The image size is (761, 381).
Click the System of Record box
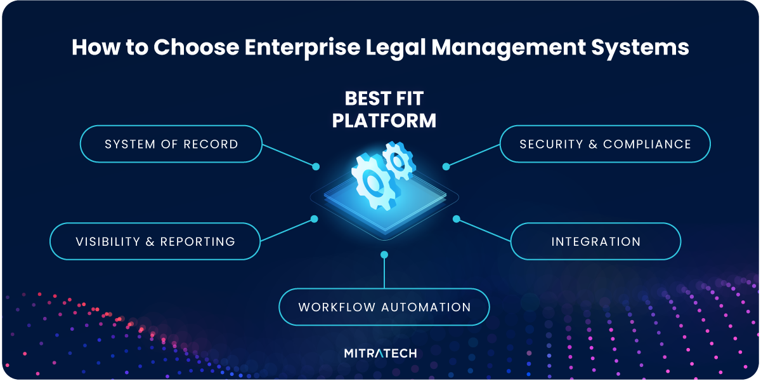[171, 144]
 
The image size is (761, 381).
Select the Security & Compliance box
[605, 144]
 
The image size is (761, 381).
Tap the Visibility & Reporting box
[155, 241]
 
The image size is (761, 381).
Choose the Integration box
[595, 241]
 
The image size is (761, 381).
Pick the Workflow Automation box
[384, 307]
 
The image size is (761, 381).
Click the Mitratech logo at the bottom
[380, 353]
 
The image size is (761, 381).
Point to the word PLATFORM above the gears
[384, 120]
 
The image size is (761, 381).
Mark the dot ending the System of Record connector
[316, 166]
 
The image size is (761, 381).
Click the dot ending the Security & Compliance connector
[446, 166]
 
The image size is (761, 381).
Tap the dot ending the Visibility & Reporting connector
[313, 219]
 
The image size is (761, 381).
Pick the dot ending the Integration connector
[456, 219]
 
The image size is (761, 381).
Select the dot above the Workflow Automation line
[384, 255]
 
